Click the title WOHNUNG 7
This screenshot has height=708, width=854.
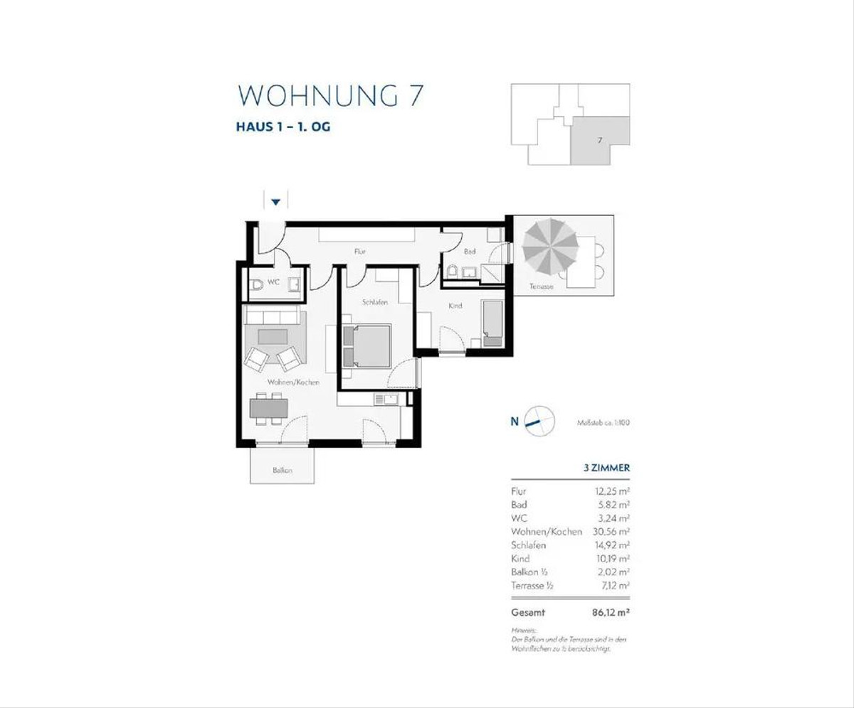click(330, 96)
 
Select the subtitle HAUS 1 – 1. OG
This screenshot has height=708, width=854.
click(283, 128)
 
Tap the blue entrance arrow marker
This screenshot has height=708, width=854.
click(276, 203)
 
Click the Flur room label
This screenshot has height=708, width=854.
click(361, 251)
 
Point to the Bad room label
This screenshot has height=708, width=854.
click(469, 251)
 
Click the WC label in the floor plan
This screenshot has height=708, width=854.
click(273, 282)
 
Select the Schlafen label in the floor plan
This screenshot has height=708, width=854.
click(374, 303)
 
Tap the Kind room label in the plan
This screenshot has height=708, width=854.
click(455, 306)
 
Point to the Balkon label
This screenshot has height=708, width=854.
click(283, 470)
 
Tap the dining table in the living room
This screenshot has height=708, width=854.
click(269, 408)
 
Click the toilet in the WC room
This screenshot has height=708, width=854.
click(257, 286)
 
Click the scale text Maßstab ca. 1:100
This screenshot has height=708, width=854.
click(603, 422)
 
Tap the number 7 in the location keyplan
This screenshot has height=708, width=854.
click(600, 140)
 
